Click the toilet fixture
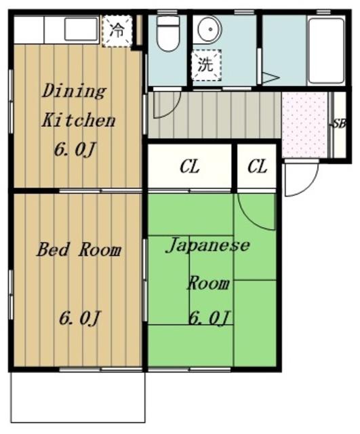[x=168, y=33]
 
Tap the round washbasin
[x=209, y=29]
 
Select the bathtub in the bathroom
[x=326, y=51]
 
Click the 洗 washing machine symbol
[x=206, y=65]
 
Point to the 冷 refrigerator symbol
[x=117, y=31]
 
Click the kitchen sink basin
[x=81, y=28]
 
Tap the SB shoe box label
[x=339, y=123]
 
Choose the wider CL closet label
[x=190, y=167]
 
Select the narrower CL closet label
[x=258, y=167]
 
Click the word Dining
[x=74, y=91]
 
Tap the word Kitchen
[x=79, y=121]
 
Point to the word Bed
[x=53, y=249]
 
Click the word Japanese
[x=207, y=245]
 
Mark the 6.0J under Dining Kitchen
[x=75, y=151]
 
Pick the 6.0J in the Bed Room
[x=79, y=318]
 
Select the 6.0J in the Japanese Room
[x=209, y=318]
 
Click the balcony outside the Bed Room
[x=78, y=401]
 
